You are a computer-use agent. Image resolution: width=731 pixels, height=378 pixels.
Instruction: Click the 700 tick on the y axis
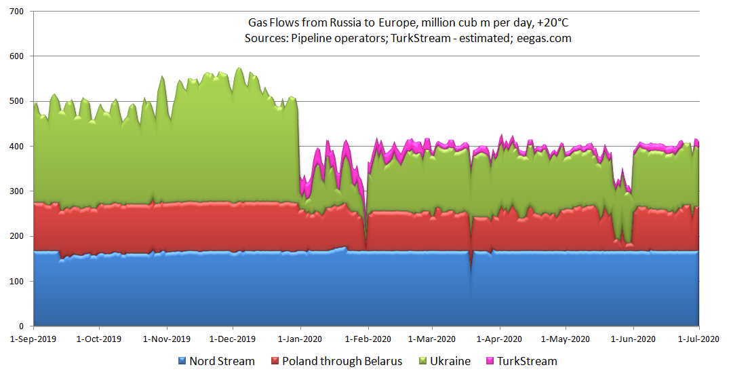(x=16, y=12)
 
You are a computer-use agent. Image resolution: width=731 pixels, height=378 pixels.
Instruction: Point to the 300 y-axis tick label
(x=16, y=191)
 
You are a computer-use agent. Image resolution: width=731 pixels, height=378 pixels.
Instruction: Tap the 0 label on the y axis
(x=21, y=326)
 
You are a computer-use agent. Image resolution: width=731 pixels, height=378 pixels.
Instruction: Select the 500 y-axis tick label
(x=16, y=102)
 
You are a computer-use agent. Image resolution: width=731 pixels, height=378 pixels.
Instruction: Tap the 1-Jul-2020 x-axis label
(x=698, y=338)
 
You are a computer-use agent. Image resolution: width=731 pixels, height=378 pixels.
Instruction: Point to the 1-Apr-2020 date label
(x=499, y=338)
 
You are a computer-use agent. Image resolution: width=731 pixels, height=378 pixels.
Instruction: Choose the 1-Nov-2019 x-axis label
(x=167, y=338)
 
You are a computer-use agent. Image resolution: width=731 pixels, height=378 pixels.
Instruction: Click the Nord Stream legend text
(x=222, y=361)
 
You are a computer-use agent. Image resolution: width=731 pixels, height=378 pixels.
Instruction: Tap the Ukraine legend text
(x=450, y=361)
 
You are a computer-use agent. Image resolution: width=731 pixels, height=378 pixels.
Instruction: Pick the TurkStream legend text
(x=527, y=361)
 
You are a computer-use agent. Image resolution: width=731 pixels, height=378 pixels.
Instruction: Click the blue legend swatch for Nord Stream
(x=182, y=361)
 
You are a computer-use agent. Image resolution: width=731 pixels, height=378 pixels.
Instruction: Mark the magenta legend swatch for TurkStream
(x=490, y=361)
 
